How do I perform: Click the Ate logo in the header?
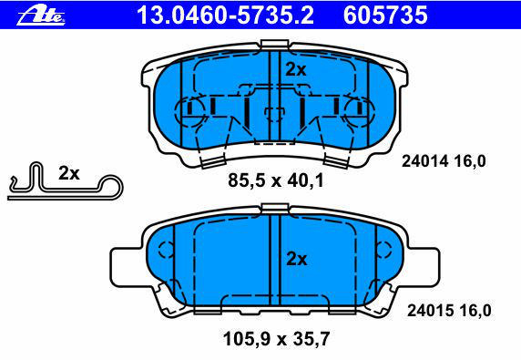click(41, 15)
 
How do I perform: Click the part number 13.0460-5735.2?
click(225, 15)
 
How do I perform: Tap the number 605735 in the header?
click(385, 15)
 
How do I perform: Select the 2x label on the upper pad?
click(296, 69)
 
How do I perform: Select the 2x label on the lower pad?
click(297, 259)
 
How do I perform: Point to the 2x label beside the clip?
click(69, 173)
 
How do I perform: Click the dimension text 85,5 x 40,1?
click(275, 180)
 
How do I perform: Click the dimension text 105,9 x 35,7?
click(277, 339)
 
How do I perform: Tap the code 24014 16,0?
click(444, 161)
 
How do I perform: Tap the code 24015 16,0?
click(449, 311)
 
